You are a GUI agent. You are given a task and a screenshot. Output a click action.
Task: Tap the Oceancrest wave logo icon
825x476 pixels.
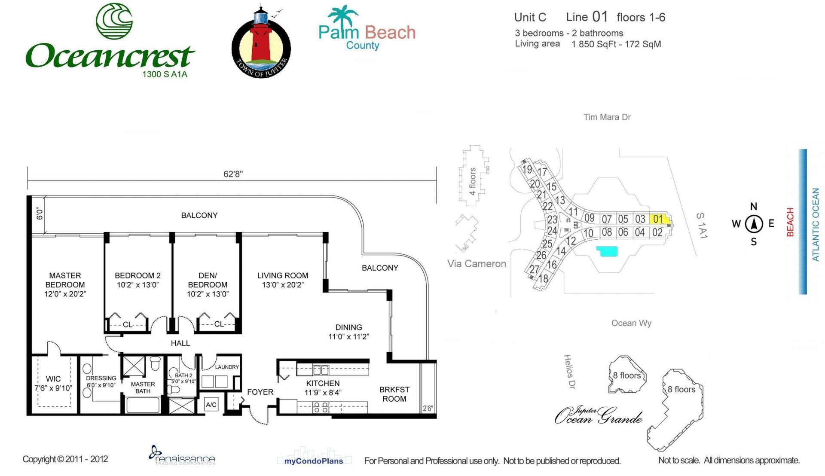(114, 21)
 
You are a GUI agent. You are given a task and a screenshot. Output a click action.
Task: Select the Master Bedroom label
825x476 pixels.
(65, 284)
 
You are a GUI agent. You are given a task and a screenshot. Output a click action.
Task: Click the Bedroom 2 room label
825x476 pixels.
(137, 280)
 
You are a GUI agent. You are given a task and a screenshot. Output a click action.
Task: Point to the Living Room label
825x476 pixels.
(283, 280)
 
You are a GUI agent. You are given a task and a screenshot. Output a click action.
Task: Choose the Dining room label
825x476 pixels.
(348, 332)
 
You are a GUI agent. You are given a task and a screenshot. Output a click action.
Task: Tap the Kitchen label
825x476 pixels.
(323, 388)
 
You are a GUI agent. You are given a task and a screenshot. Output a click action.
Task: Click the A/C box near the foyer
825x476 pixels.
(211, 405)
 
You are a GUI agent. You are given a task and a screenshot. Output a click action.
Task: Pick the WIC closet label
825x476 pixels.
(53, 383)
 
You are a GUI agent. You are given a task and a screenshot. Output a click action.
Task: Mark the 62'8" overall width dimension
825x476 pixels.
(233, 174)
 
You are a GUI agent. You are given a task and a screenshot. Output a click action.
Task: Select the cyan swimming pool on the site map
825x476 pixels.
(607, 251)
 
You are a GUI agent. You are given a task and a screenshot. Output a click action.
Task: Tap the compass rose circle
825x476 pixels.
(754, 224)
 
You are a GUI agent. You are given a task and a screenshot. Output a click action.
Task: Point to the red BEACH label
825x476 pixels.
(790, 222)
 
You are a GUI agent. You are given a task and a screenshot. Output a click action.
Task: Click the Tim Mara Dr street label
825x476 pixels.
(607, 117)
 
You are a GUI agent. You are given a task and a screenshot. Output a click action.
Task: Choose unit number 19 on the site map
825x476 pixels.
(527, 169)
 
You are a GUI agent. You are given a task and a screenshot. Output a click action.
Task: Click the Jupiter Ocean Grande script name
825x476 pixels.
(598, 415)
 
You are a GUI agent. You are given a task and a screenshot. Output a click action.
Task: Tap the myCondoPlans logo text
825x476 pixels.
(314, 461)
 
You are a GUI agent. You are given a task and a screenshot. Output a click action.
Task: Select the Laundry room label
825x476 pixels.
(226, 367)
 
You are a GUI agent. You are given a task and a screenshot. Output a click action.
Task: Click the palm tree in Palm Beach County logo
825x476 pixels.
(342, 16)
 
